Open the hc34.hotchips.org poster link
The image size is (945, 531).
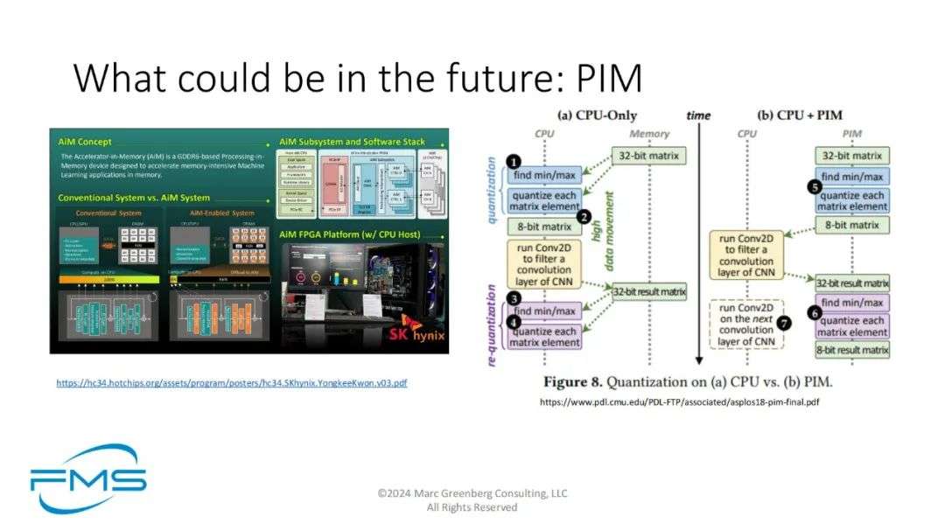(x=232, y=382)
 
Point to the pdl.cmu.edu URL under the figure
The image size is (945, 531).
(x=679, y=402)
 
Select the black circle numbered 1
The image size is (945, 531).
(x=514, y=161)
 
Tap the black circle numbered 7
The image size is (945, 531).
(x=784, y=323)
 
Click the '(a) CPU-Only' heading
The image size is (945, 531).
(x=597, y=115)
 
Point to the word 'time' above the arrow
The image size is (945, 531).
(x=698, y=115)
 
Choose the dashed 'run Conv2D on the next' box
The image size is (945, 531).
(x=746, y=324)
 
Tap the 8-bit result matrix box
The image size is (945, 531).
(x=851, y=350)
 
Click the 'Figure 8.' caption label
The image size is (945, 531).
(x=573, y=382)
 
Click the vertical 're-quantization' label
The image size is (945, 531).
(x=492, y=324)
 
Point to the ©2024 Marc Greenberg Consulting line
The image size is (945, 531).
(x=472, y=493)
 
